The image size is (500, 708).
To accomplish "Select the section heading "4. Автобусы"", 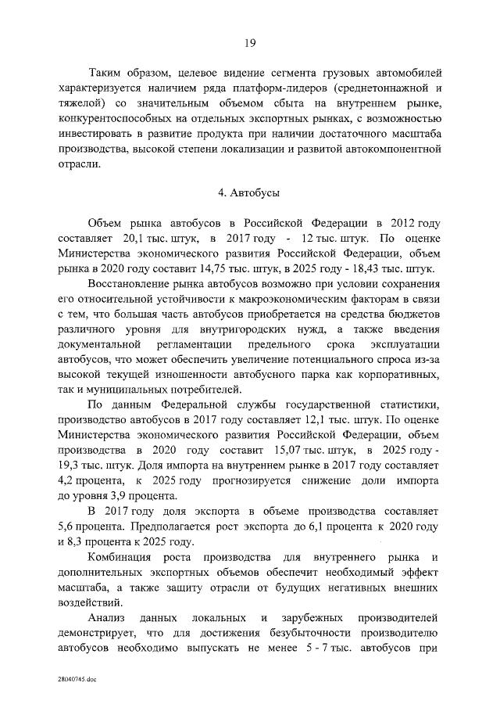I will pos(249,192).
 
